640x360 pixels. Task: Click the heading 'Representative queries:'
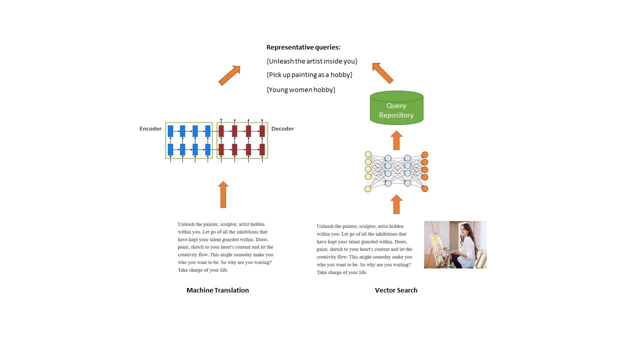pos(303,47)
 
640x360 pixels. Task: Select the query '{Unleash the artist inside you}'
pos(312,61)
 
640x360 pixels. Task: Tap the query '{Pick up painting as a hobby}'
pos(309,74)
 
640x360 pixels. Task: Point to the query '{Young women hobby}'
pos(300,89)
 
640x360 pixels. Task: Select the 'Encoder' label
pos(150,129)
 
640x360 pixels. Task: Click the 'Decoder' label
pos(282,129)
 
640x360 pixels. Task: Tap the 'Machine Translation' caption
pos(217,290)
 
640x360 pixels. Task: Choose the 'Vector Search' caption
pos(396,290)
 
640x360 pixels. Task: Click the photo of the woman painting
pos(455,244)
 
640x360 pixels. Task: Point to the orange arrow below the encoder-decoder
pos(223,194)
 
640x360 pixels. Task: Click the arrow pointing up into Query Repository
pos(396,140)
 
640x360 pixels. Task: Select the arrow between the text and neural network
pos(396,204)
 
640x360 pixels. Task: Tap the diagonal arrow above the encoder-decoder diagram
pos(229,75)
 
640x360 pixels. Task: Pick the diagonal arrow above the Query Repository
pos(382,72)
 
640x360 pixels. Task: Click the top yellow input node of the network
pos(368,154)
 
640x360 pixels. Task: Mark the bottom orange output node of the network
pos(425,188)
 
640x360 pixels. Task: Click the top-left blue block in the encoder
pos(170,131)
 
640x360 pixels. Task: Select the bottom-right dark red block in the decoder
pos(262,149)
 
